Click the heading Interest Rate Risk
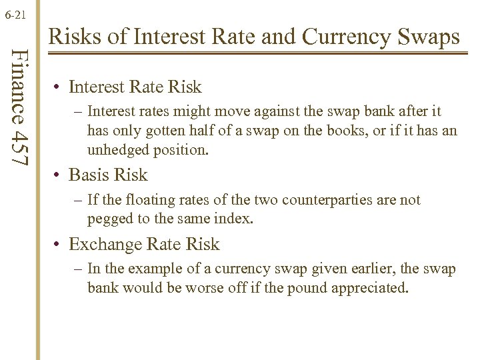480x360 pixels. (x=135, y=87)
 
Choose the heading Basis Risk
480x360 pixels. (x=108, y=175)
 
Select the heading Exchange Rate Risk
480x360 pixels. (x=144, y=245)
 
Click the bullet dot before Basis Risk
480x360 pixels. (x=59, y=175)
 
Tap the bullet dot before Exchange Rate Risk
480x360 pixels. (x=59, y=245)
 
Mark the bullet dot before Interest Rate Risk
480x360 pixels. (x=59, y=87)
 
